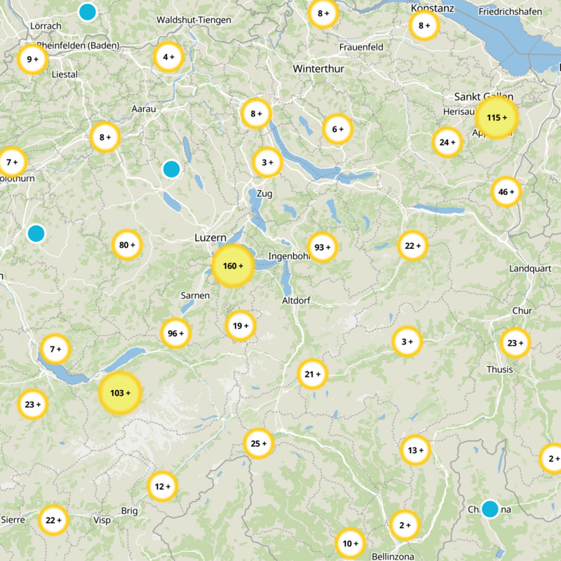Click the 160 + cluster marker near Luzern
coord(232,266)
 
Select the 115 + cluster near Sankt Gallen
coord(496,117)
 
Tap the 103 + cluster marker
coord(121,393)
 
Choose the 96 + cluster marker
coord(175,334)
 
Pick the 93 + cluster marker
coord(322,247)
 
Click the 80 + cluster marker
coord(127,245)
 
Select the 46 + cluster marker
coord(506,191)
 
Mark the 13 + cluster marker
coord(416,450)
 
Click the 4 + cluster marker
coord(168,57)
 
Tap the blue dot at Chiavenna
coord(489,508)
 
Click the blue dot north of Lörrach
coord(87,11)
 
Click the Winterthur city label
coord(318,69)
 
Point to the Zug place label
coord(265,193)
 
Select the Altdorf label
coord(296,300)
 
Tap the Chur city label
coord(522,311)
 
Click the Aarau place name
coord(143,109)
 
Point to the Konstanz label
coord(433,8)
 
